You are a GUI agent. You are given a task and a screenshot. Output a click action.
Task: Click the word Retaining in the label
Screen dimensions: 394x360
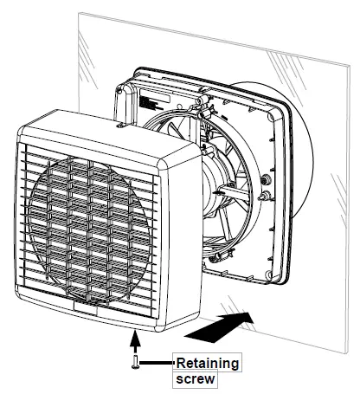[208, 362]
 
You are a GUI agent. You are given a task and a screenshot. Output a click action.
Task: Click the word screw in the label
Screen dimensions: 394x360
[195, 378]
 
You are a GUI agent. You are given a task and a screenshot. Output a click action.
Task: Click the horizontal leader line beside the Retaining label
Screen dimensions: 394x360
[157, 363]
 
